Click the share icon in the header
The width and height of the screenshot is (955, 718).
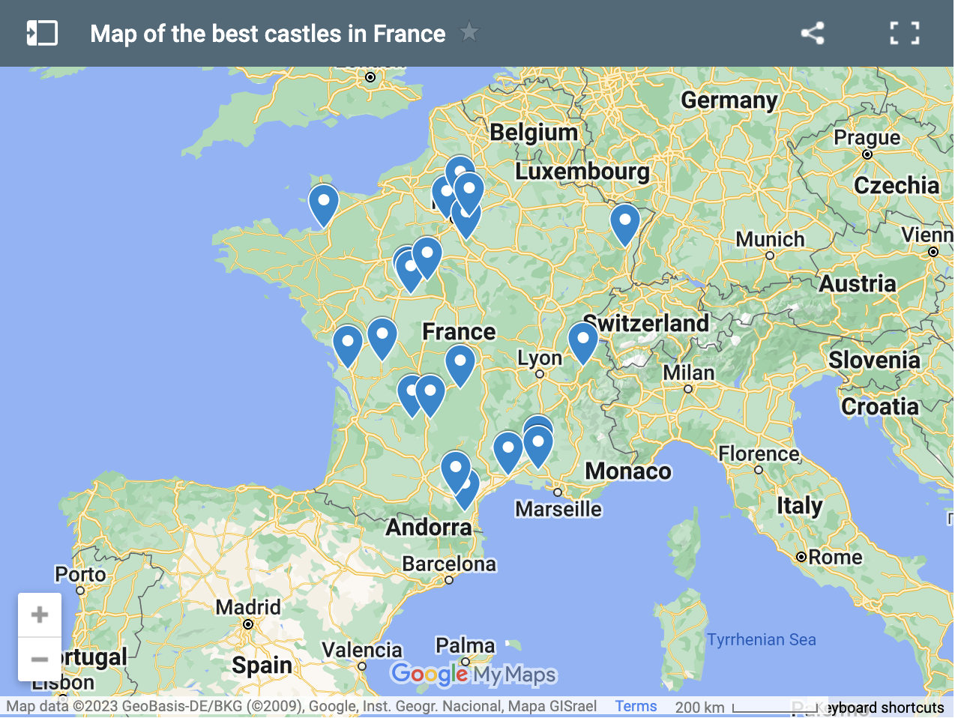(813, 33)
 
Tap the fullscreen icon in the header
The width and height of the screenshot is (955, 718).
(904, 33)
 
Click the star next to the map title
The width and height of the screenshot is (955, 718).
(469, 32)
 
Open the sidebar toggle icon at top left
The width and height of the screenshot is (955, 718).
(42, 33)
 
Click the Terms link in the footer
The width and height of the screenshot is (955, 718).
(636, 706)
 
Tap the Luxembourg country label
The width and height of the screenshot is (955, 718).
(582, 172)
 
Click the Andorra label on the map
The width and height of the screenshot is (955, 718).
(429, 527)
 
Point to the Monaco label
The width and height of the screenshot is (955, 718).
(628, 471)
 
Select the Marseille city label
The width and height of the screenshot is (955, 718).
(558, 509)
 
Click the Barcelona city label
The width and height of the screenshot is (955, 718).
(449, 564)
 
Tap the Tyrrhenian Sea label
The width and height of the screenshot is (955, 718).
(761, 639)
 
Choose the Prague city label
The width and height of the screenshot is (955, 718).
(867, 138)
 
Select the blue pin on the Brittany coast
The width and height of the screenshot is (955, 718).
(324, 203)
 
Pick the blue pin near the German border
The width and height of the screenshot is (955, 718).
(624, 222)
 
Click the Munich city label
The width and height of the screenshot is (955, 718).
(770, 239)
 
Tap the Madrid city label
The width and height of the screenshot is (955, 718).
(248, 607)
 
